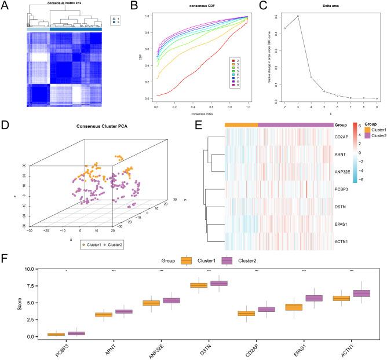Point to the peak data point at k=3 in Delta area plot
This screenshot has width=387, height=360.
(x=298, y=16)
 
